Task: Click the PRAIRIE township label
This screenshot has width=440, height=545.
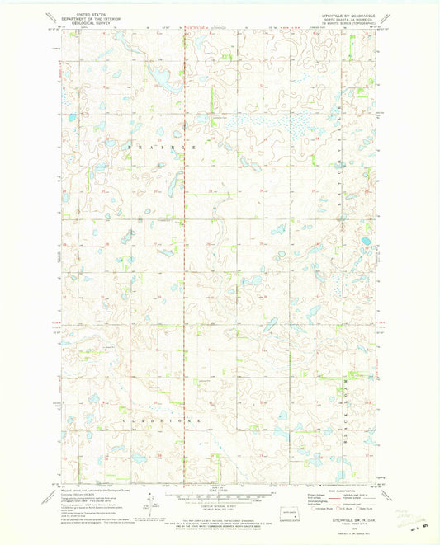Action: [163, 146]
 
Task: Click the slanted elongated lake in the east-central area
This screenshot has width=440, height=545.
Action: [271, 325]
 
